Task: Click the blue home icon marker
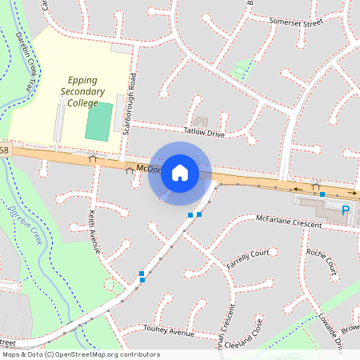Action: click(180, 173)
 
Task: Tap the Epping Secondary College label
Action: click(83, 91)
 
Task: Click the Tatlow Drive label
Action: click(204, 132)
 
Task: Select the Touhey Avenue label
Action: click(169, 330)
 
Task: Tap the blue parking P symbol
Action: click(346, 210)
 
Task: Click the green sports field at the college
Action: click(99, 121)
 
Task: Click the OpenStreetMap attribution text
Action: click(80, 354)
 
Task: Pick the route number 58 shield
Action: click(4, 150)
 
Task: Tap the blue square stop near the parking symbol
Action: click(322, 194)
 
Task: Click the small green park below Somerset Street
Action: click(241, 71)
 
